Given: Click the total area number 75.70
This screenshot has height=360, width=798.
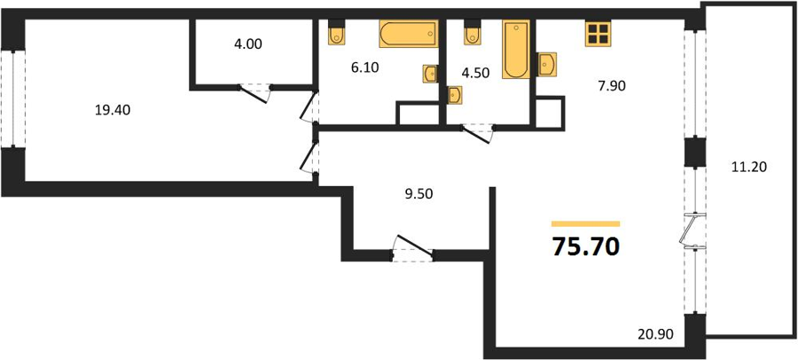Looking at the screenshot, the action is click(586, 247).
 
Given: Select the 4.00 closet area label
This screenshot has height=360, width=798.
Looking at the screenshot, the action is click(248, 44).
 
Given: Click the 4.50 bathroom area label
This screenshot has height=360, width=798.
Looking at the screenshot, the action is click(476, 73).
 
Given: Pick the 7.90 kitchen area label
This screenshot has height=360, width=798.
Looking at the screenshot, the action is click(611, 85).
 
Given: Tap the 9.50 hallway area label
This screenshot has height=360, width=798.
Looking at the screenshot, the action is click(419, 193).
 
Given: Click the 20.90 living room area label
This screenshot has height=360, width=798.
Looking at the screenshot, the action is click(655, 334).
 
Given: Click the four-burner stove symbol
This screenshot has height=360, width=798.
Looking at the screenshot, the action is click(598, 34).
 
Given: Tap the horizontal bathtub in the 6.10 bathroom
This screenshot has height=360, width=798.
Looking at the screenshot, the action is click(409, 34).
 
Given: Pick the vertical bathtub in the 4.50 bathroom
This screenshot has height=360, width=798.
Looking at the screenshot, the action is click(516, 49).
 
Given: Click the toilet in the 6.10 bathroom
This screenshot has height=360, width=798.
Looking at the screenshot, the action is click(336, 32).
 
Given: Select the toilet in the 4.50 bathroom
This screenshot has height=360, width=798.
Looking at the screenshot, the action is click(473, 32).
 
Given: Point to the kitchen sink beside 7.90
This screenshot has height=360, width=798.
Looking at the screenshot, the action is click(547, 64).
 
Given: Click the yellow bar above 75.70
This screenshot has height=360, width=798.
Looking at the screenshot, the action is click(586, 223).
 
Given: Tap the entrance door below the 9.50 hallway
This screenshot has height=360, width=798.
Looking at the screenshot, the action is click(412, 248).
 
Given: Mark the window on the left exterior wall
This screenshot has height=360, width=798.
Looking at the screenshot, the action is click(12, 98).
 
